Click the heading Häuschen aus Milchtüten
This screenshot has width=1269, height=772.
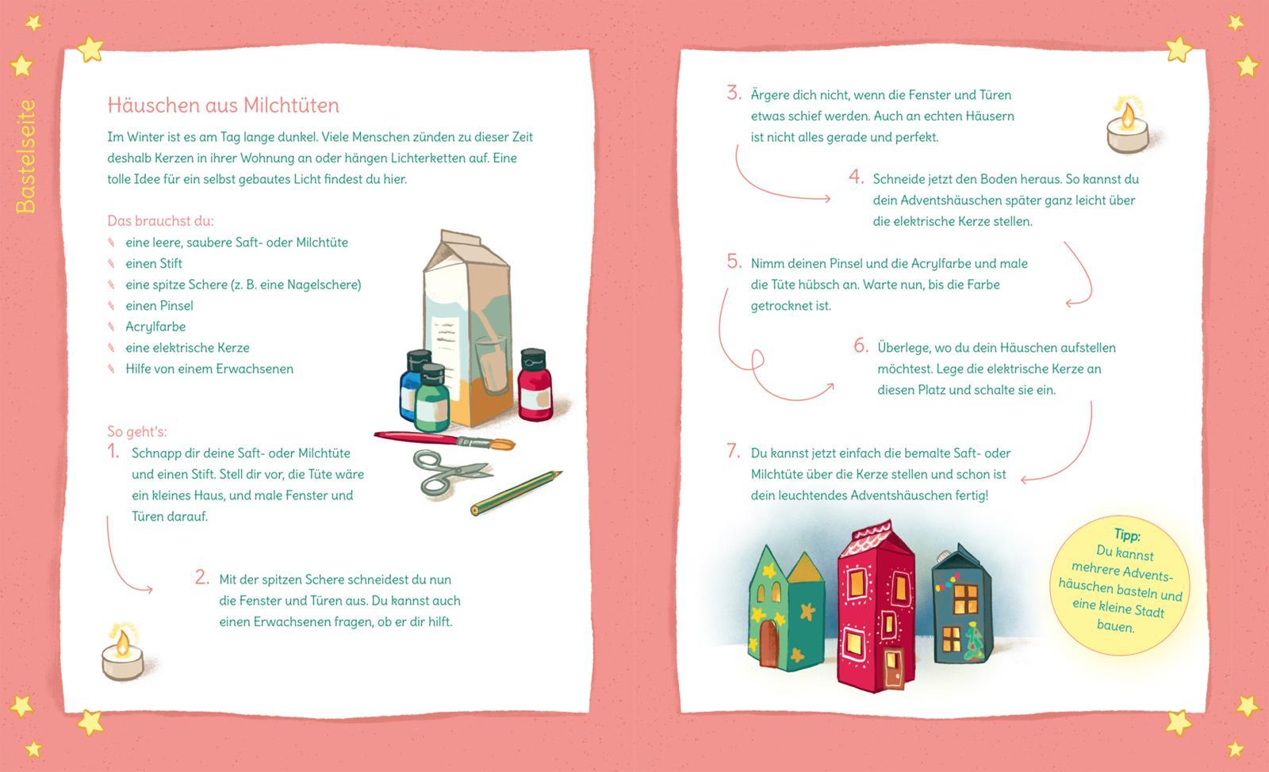pos(223,105)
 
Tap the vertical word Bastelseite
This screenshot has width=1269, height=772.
pos(25,156)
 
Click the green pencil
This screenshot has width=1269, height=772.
pos(516,492)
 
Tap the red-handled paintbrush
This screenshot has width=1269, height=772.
pos(444,441)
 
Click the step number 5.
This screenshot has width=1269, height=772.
pos(734,262)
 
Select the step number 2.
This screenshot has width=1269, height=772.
pos(201,577)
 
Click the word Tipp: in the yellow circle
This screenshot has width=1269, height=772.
pos(1127,534)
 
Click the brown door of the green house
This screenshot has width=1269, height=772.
pos(769,643)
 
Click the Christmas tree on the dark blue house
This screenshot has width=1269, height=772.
pos(975,642)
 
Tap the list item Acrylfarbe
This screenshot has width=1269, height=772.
pos(155,327)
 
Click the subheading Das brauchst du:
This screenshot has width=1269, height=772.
pos(160,220)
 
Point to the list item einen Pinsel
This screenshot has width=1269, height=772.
pos(159,306)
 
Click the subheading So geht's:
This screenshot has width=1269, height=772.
pos(137,432)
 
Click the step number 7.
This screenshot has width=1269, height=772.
pos(734,451)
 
